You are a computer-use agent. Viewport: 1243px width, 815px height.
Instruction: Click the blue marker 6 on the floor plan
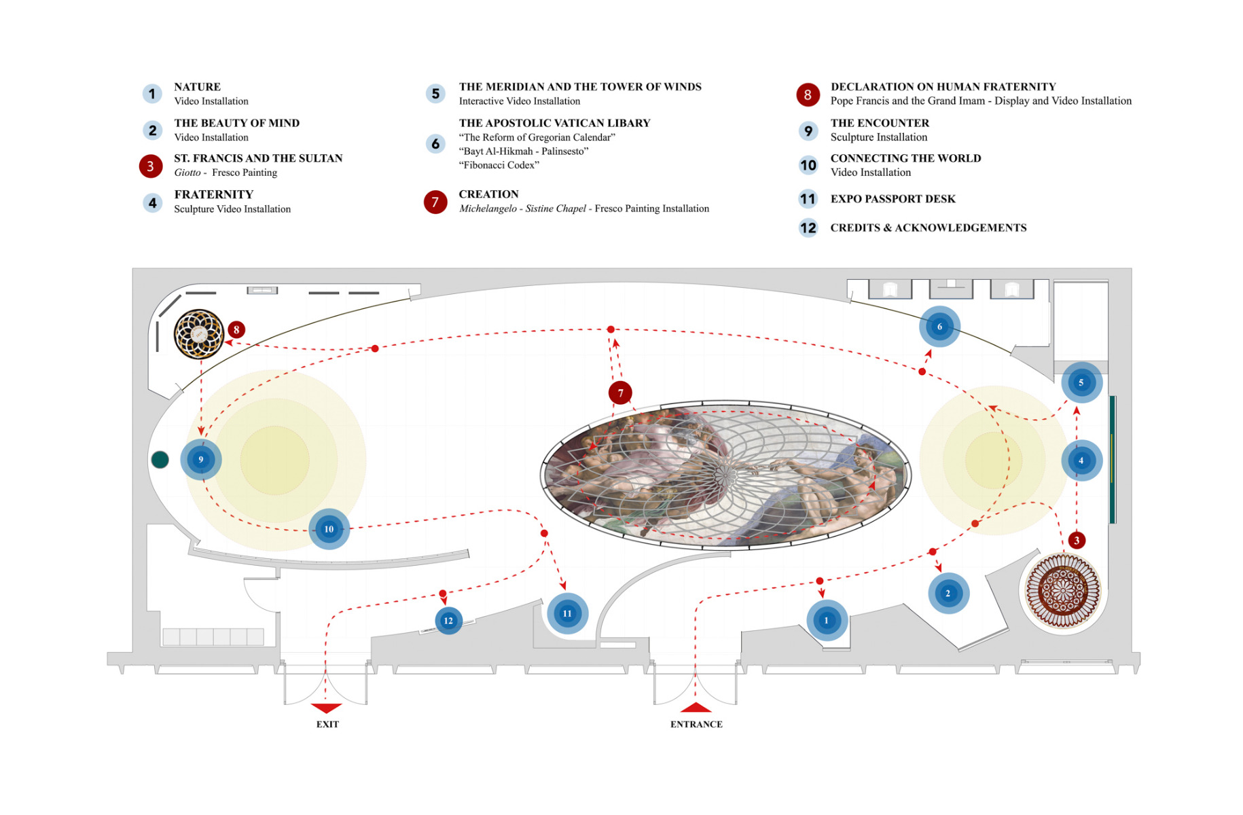(939, 327)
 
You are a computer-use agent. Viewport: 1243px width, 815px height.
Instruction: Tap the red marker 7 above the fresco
(620, 393)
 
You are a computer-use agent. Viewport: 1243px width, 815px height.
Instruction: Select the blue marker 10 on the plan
(329, 529)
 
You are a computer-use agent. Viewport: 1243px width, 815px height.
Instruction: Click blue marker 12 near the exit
(448, 621)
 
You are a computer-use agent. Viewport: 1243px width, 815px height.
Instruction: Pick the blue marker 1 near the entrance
(827, 620)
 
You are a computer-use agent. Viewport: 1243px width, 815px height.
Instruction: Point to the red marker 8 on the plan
(236, 330)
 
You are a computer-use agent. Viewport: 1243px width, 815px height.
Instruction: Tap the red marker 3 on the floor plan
(1077, 541)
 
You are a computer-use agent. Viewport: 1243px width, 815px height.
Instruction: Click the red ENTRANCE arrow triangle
(696, 707)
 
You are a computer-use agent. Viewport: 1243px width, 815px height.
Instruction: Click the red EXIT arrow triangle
(326, 708)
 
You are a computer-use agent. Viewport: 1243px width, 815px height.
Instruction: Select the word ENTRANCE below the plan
(696, 725)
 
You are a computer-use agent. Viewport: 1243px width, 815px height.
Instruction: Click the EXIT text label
(327, 725)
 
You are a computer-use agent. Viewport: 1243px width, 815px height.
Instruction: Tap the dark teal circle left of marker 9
(160, 460)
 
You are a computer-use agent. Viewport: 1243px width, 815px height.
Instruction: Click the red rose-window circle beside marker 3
(1062, 590)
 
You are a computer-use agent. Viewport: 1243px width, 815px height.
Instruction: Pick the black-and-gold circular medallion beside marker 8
(199, 334)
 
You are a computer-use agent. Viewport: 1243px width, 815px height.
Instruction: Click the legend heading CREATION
(488, 194)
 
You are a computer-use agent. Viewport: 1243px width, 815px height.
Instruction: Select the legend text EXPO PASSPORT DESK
(893, 199)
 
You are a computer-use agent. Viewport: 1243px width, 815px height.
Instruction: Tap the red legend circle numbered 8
(808, 95)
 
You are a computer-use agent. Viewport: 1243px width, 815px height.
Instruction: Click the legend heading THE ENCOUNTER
(880, 123)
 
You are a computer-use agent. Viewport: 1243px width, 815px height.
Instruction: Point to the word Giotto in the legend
(187, 173)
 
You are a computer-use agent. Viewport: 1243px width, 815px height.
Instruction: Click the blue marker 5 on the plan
(1081, 383)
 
